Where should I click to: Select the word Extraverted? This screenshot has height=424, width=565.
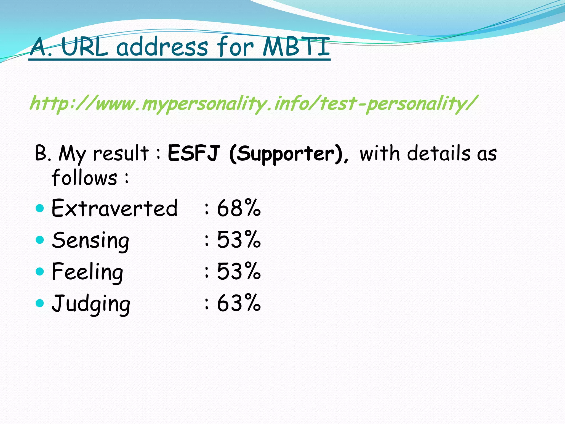114,208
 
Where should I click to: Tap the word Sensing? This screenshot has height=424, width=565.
90,240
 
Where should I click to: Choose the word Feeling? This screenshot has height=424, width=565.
87,272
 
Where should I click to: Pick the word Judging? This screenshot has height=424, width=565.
91,304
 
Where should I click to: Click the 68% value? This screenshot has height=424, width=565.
239,208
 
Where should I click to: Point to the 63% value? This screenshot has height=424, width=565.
239,303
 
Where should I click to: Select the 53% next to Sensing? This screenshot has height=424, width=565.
239,240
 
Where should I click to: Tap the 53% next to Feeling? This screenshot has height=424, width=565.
239,271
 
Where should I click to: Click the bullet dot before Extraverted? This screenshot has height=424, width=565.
40,208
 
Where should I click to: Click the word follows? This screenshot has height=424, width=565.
84,177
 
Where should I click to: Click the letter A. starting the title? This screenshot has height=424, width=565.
41,47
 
